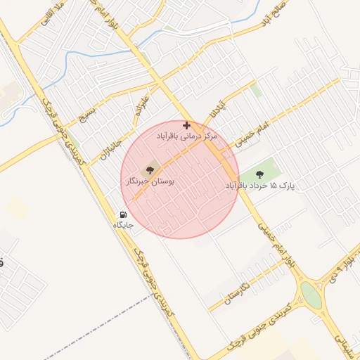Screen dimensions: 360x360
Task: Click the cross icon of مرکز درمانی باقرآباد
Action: pos(186,125)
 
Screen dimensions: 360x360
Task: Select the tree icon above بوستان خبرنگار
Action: pos(149,169)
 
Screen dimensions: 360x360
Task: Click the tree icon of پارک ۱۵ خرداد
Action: pos(260,174)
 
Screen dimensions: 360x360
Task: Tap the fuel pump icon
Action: pos(123,215)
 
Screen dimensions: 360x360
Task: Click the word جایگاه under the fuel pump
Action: pos(123,226)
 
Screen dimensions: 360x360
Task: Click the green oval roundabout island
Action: pos(310,295)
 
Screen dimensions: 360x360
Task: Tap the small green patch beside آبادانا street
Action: pos(257,91)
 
